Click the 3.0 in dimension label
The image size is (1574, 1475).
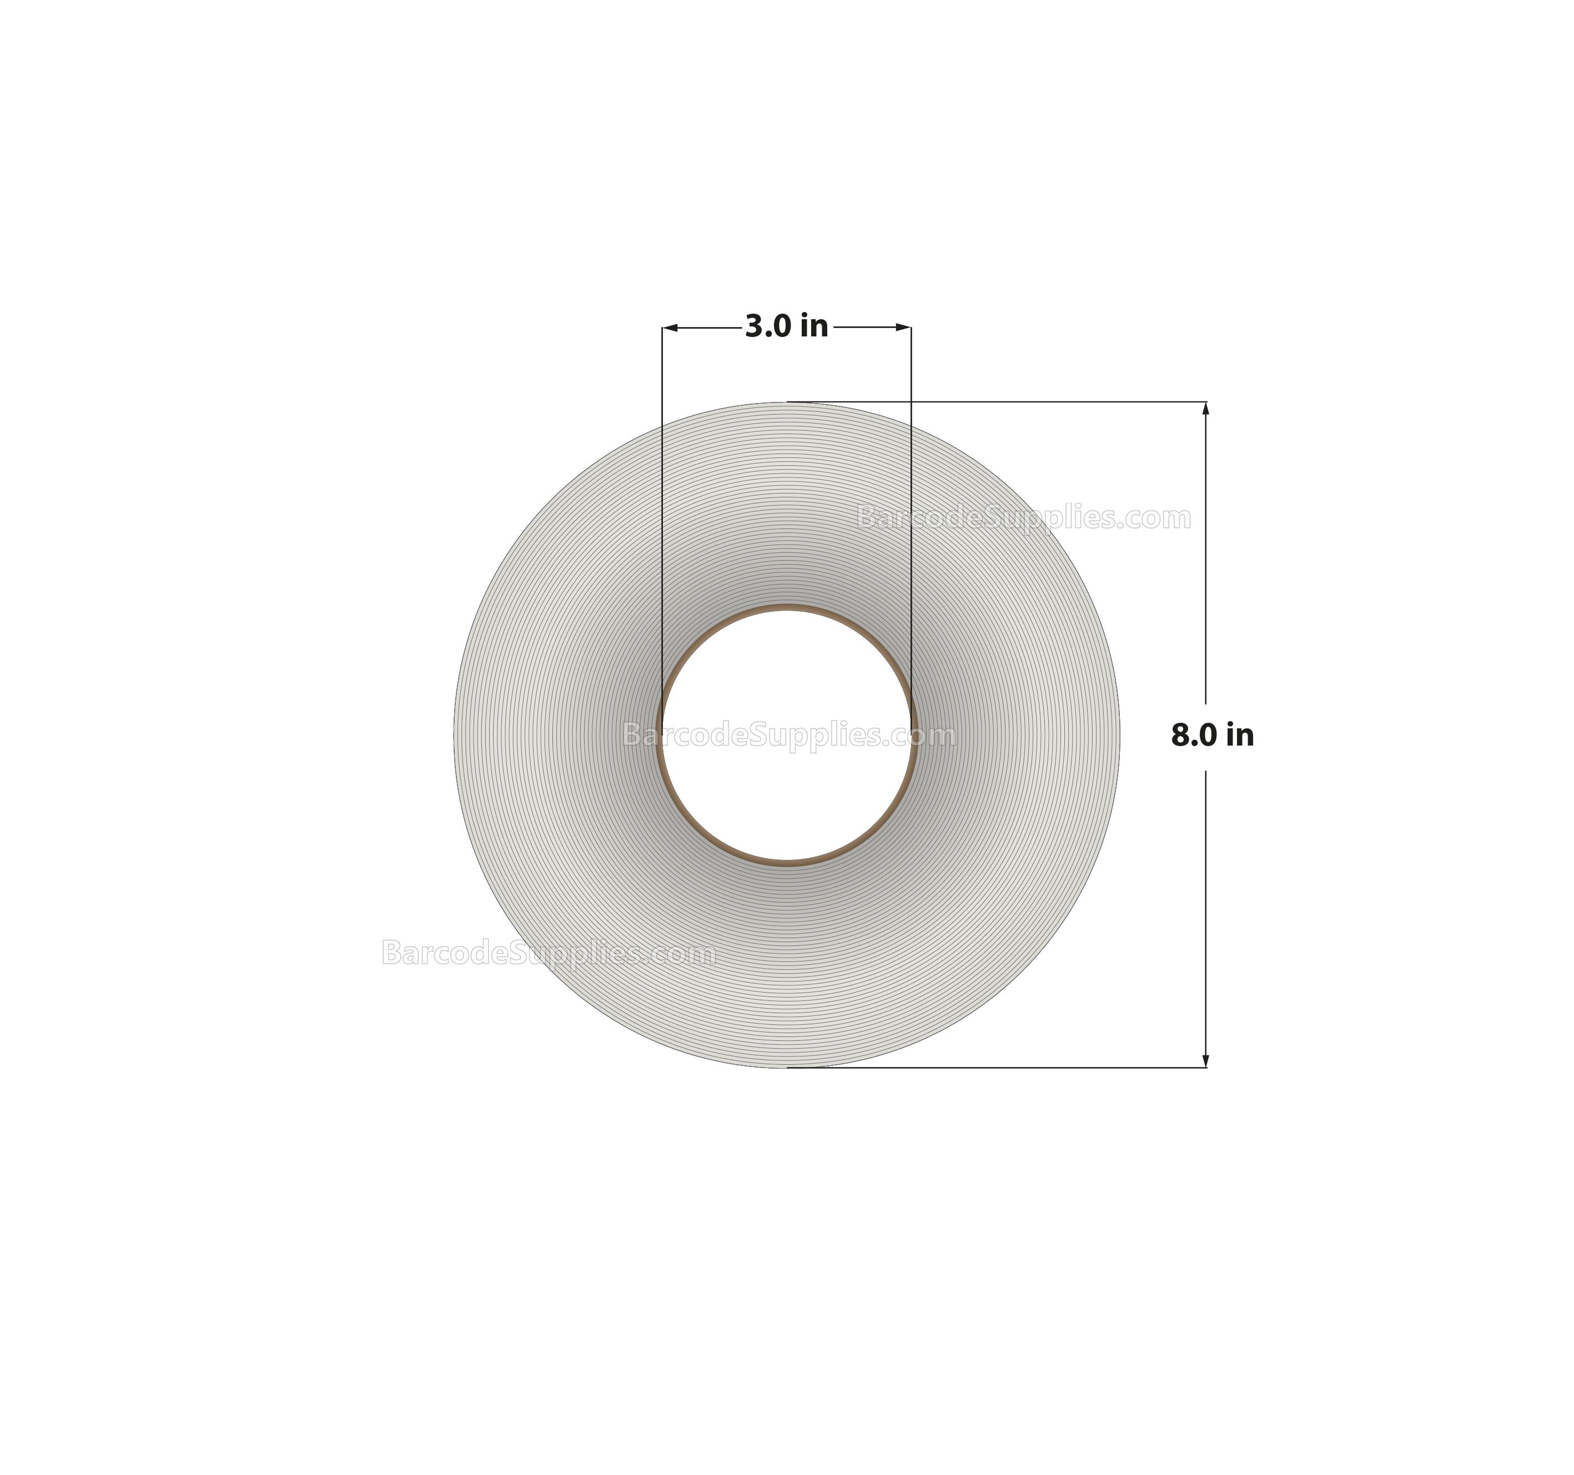786,326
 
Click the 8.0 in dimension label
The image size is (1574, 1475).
1212,736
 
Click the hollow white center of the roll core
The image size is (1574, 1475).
786,799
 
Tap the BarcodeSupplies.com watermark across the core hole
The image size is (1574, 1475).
788,736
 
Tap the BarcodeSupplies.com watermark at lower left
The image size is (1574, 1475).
548,953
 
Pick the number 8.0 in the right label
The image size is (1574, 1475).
1194,736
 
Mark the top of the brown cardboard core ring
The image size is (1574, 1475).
786,608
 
